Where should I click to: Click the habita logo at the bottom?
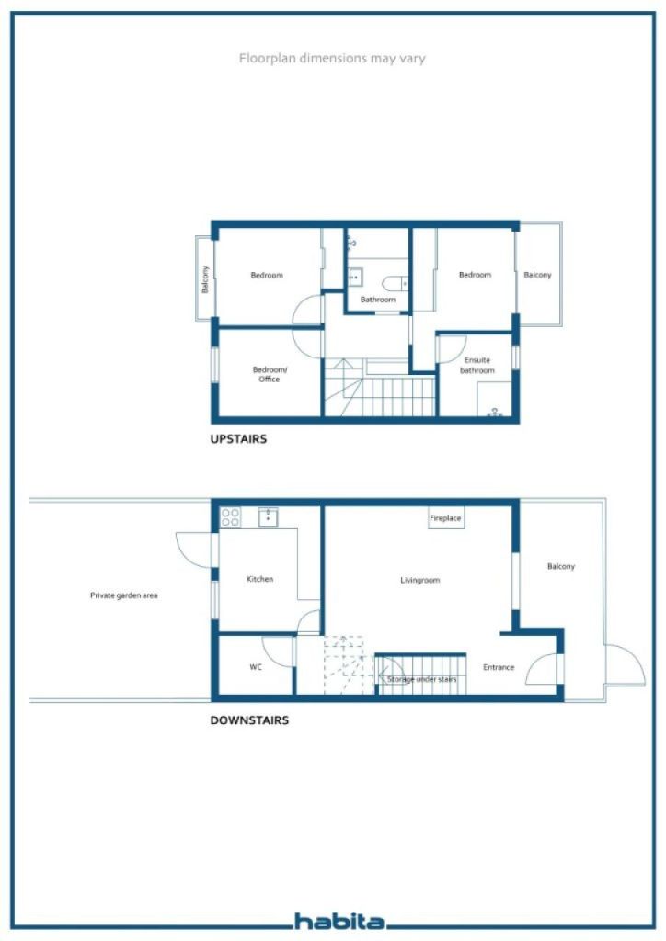click(340, 921)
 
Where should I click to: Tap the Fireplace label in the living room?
click(445, 518)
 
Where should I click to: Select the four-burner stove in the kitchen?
click(230, 517)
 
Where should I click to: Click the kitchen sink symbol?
click(268, 516)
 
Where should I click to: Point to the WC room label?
click(256, 667)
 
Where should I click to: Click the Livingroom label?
click(419, 581)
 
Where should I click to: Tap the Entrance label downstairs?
click(499, 667)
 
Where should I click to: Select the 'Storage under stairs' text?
click(421, 679)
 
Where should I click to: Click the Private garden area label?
click(123, 595)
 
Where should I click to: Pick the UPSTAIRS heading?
click(238, 438)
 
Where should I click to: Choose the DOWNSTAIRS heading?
click(249, 720)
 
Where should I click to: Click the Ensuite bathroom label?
click(477, 365)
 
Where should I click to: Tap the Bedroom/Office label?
click(270, 375)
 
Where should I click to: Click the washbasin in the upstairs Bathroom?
click(355, 278)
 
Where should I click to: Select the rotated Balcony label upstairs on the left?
click(205, 279)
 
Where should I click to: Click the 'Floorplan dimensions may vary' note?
click(332, 58)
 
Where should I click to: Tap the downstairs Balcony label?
click(561, 566)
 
